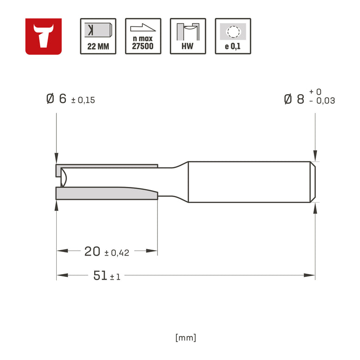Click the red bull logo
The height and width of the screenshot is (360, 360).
(43, 36)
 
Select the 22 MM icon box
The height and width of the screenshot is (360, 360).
(98, 36)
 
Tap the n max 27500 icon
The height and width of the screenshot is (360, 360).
(143, 36)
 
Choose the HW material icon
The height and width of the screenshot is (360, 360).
(188, 36)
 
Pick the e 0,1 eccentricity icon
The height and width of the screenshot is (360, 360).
(233, 36)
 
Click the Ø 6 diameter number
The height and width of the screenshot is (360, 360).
(56, 99)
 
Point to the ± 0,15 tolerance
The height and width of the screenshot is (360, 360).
(83, 100)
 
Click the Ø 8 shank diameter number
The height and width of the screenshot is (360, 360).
(294, 99)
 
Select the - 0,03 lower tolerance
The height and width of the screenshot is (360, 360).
(322, 101)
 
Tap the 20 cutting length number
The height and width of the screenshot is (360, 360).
(92, 251)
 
